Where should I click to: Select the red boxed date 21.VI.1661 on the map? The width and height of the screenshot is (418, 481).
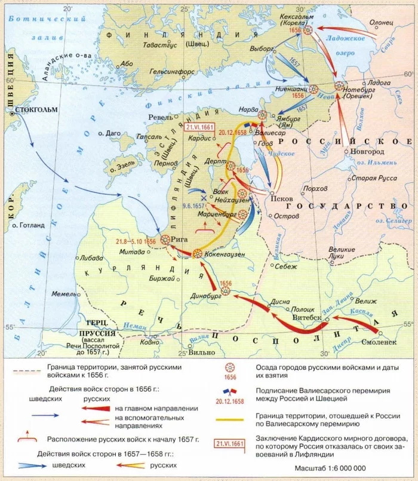pyautogui.click(x=199, y=127)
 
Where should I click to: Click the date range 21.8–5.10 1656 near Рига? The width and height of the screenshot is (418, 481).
pyautogui.click(x=136, y=241)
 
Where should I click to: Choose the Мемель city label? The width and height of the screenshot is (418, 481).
pyautogui.click(x=64, y=295)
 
